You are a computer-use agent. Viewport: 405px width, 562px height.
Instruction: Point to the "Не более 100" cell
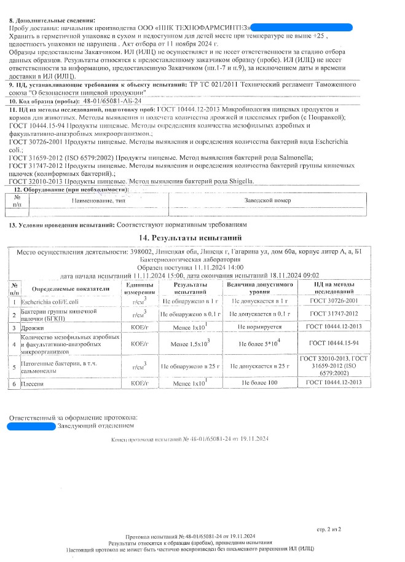[x=259, y=383]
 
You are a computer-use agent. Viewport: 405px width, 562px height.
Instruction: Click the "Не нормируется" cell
[x=259, y=328]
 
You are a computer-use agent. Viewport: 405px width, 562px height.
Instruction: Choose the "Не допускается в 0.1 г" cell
[x=259, y=314]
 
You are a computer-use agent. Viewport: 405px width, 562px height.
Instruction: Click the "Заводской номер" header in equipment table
[x=264, y=200]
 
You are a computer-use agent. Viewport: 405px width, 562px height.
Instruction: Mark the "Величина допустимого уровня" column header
[x=259, y=288]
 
